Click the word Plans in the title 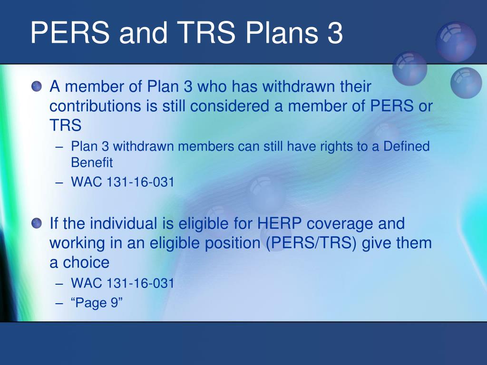(282, 32)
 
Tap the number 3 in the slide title (334, 33)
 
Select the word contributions (95, 106)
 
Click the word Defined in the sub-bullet (406, 146)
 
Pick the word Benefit (92, 163)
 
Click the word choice (86, 262)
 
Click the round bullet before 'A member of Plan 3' (37, 86)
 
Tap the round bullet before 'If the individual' (37, 223)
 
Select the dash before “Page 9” (59, 303)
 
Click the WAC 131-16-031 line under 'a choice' (122, 283)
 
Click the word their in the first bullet (355, 86)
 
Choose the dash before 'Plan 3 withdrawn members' (59, 147)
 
